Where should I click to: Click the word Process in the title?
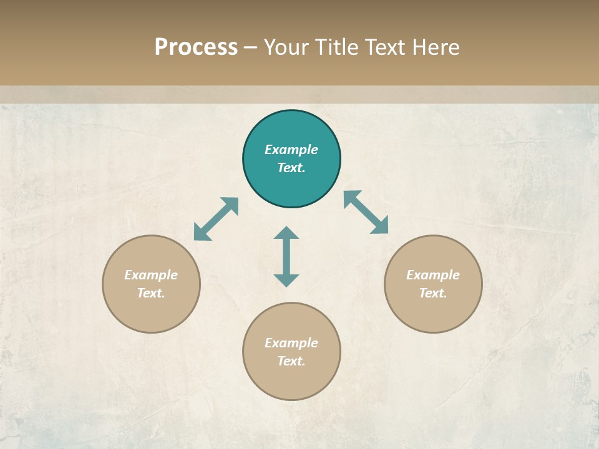point(196,47)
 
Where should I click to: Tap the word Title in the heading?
point(338,47)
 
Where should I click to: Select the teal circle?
point(291,187)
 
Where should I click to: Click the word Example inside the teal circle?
point(291,150)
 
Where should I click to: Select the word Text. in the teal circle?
point(291,168)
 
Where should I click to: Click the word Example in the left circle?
point(151,275)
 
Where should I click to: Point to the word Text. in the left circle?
point(151,293)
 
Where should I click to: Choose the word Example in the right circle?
point(433,275)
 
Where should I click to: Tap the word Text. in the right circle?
point(433,293)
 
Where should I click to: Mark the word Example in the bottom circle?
point(291,343)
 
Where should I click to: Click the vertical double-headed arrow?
point(286,256)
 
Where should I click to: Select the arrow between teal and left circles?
point(216,219)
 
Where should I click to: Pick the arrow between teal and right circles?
point(366,212)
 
